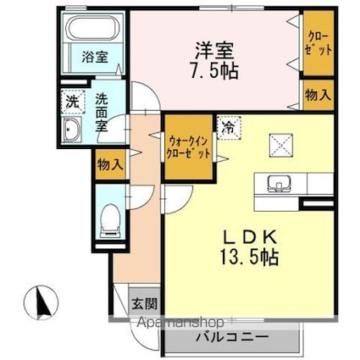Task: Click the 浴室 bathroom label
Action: pos(94,58)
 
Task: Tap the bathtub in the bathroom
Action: pos(94,30)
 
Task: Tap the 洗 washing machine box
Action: pos(72,99)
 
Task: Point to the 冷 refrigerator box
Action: pos(228,126)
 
